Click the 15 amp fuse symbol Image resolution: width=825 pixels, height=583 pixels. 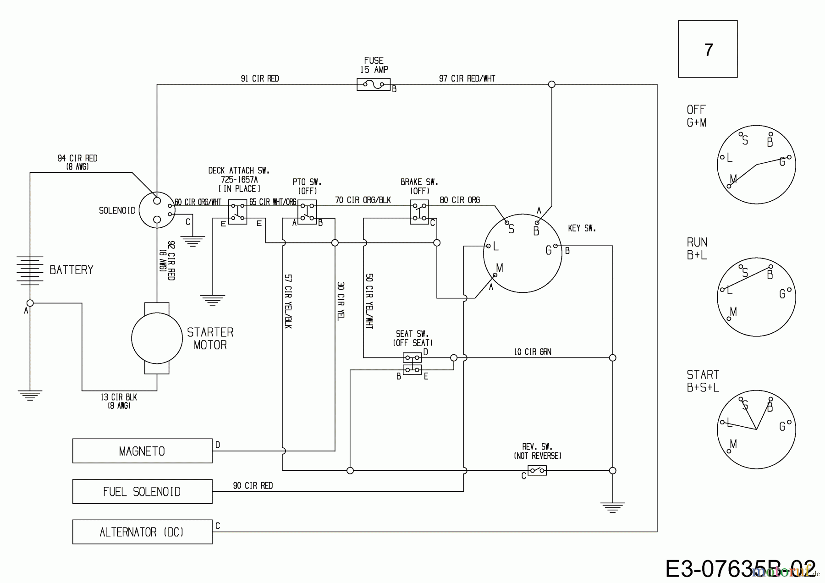click(x=374, y=84)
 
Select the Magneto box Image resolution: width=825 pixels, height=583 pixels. click(x=142, y=451)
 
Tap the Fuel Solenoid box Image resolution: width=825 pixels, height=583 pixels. click(x=142, y=491)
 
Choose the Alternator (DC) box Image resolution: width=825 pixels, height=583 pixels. click(x=142, y=532)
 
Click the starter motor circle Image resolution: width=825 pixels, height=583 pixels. click(x=157, y=338)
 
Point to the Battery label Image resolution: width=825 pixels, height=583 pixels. click(x=71, y=270)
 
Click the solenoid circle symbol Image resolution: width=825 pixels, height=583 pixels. click(x=157, y=210)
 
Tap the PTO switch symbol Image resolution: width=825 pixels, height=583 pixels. click(x=307, y=212)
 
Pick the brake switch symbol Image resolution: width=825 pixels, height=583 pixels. click(x=419, y=212)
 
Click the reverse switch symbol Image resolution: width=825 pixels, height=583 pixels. click(x=537, y=470)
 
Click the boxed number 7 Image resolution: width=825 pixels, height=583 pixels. click(x=708, y=49)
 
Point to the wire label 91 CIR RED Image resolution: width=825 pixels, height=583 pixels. click(x=260, y=78)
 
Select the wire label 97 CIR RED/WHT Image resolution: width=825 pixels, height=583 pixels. click(x=467, y=78)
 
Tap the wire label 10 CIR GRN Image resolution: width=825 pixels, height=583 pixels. click(x=533, y=352)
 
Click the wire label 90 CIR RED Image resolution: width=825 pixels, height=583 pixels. click(x=253, y=485)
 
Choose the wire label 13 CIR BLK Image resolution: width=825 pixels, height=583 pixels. click(x=119, y=397)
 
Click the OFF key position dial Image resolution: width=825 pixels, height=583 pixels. click(x=756, y=164)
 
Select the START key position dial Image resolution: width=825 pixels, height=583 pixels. click(x=756, y=429)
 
